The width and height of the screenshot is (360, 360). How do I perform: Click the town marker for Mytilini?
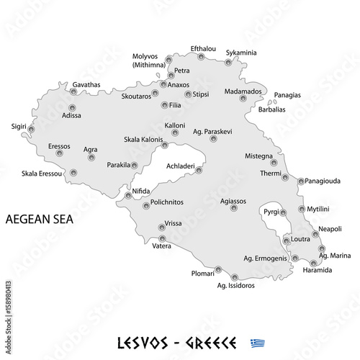pyautogui.click(x=302, y=214)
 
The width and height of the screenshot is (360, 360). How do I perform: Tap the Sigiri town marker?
pyautogui.click(x=31, y=130)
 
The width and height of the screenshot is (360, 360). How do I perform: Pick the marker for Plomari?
pyautogui.click(x=218, y=270)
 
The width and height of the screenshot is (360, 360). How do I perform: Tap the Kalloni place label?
pyautogui.click(x=175, y=125)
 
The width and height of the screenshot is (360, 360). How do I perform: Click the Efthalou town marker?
pyautogui.click(x=202, y=56)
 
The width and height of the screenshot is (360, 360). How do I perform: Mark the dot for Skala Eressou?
pyautogui.click(x=73, y=173)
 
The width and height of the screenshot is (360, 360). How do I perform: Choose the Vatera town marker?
pyautogui.click(x=162, y=238)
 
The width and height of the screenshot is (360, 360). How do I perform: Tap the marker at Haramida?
pyautogui.click(x=313, y=263)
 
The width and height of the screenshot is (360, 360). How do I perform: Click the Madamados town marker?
pyautogui.click(x=243, y=98)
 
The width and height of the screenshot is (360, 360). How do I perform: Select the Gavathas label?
pyautogui.click(x=86, y=84)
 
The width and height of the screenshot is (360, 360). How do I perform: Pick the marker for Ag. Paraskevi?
pyautogui.click(x=213, y=139)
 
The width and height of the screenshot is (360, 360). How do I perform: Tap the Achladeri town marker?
pyautogui.click(x=199, y=171)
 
